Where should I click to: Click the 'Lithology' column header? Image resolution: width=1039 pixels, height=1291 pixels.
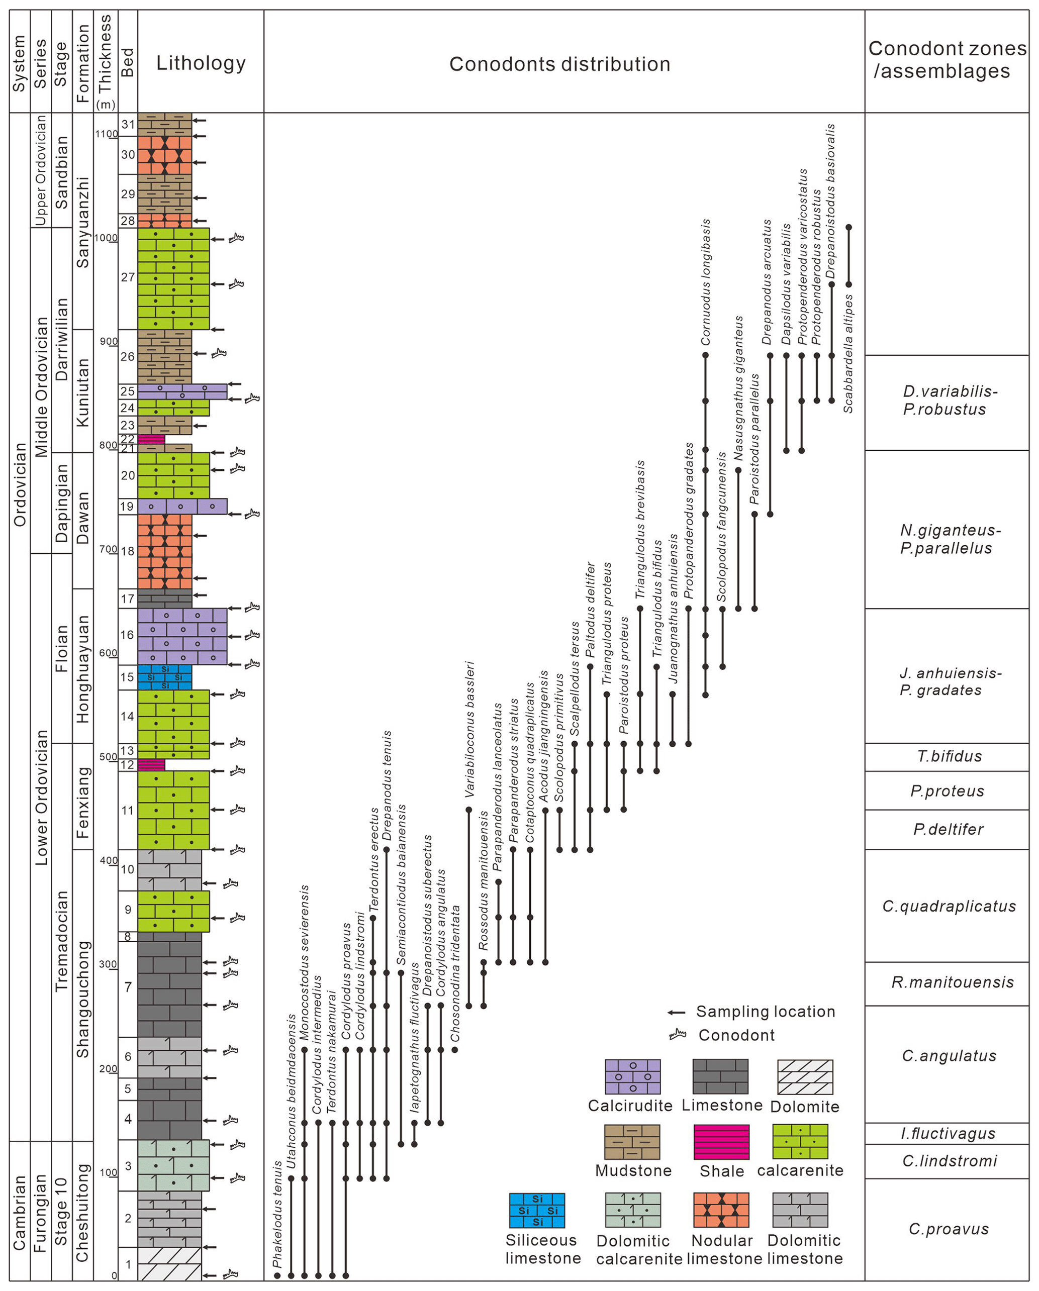[x=201, y=63]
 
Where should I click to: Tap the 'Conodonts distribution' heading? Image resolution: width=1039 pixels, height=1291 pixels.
[x=559, y=64]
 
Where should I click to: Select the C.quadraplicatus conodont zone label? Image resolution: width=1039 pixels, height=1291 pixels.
[x=949, y=906]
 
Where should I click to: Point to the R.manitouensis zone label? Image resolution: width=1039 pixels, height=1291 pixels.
[x=952, y=982]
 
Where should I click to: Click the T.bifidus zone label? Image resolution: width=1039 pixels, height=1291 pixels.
[x=949, y=756]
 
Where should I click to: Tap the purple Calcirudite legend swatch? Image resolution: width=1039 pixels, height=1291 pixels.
[x=632, y=1076]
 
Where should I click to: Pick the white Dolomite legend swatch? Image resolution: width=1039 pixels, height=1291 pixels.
[x=805, y=1076]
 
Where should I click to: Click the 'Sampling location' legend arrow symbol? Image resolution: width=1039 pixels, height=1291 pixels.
[x=676, y=1013]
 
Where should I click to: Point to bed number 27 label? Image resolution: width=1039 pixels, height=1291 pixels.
[x=128, y=277]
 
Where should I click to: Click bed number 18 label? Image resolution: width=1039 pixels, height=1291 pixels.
[x=128, y=551]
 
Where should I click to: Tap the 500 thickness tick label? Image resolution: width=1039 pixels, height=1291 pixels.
[x=108, y=757]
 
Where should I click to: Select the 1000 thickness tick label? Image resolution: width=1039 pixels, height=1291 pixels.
[x=106, y=238]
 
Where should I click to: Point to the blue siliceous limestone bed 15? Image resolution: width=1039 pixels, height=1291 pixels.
[x=165, y=677]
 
